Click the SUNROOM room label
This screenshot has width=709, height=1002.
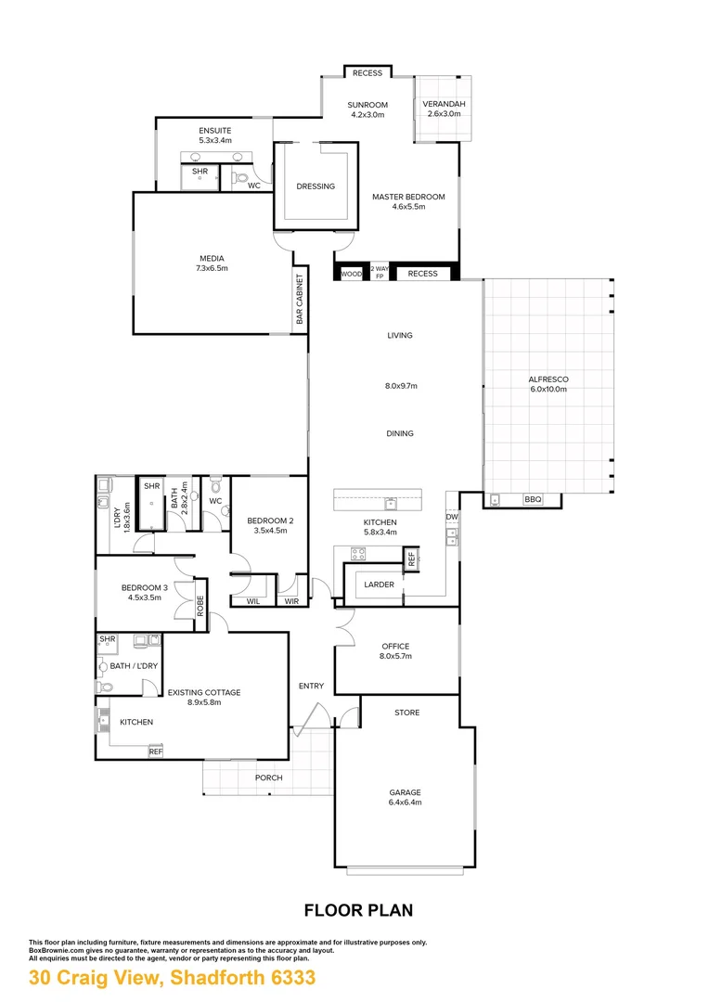367,105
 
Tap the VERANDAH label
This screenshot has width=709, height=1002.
442,104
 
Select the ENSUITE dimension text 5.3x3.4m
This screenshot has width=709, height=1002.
214,140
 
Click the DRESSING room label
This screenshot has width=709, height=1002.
316,186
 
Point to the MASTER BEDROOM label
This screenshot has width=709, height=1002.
408,197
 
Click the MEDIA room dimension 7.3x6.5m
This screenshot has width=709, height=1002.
212,268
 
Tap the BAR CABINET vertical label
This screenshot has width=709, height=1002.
300,300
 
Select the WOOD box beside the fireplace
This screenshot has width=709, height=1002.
351,274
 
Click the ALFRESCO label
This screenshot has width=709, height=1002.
548,379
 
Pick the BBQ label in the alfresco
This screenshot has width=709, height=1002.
532,500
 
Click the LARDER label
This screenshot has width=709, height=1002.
379,584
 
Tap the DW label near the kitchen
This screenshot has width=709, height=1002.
451,517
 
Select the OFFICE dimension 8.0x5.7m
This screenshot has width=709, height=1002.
395,656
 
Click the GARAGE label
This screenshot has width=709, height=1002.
405,792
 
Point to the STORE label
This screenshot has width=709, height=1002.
406,713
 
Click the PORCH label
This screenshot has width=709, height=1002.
269,777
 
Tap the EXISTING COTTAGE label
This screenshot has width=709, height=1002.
203,692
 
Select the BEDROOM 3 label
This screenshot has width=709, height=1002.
145,587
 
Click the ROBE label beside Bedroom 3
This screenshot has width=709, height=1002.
200,605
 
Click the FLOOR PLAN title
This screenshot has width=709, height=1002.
358,910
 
